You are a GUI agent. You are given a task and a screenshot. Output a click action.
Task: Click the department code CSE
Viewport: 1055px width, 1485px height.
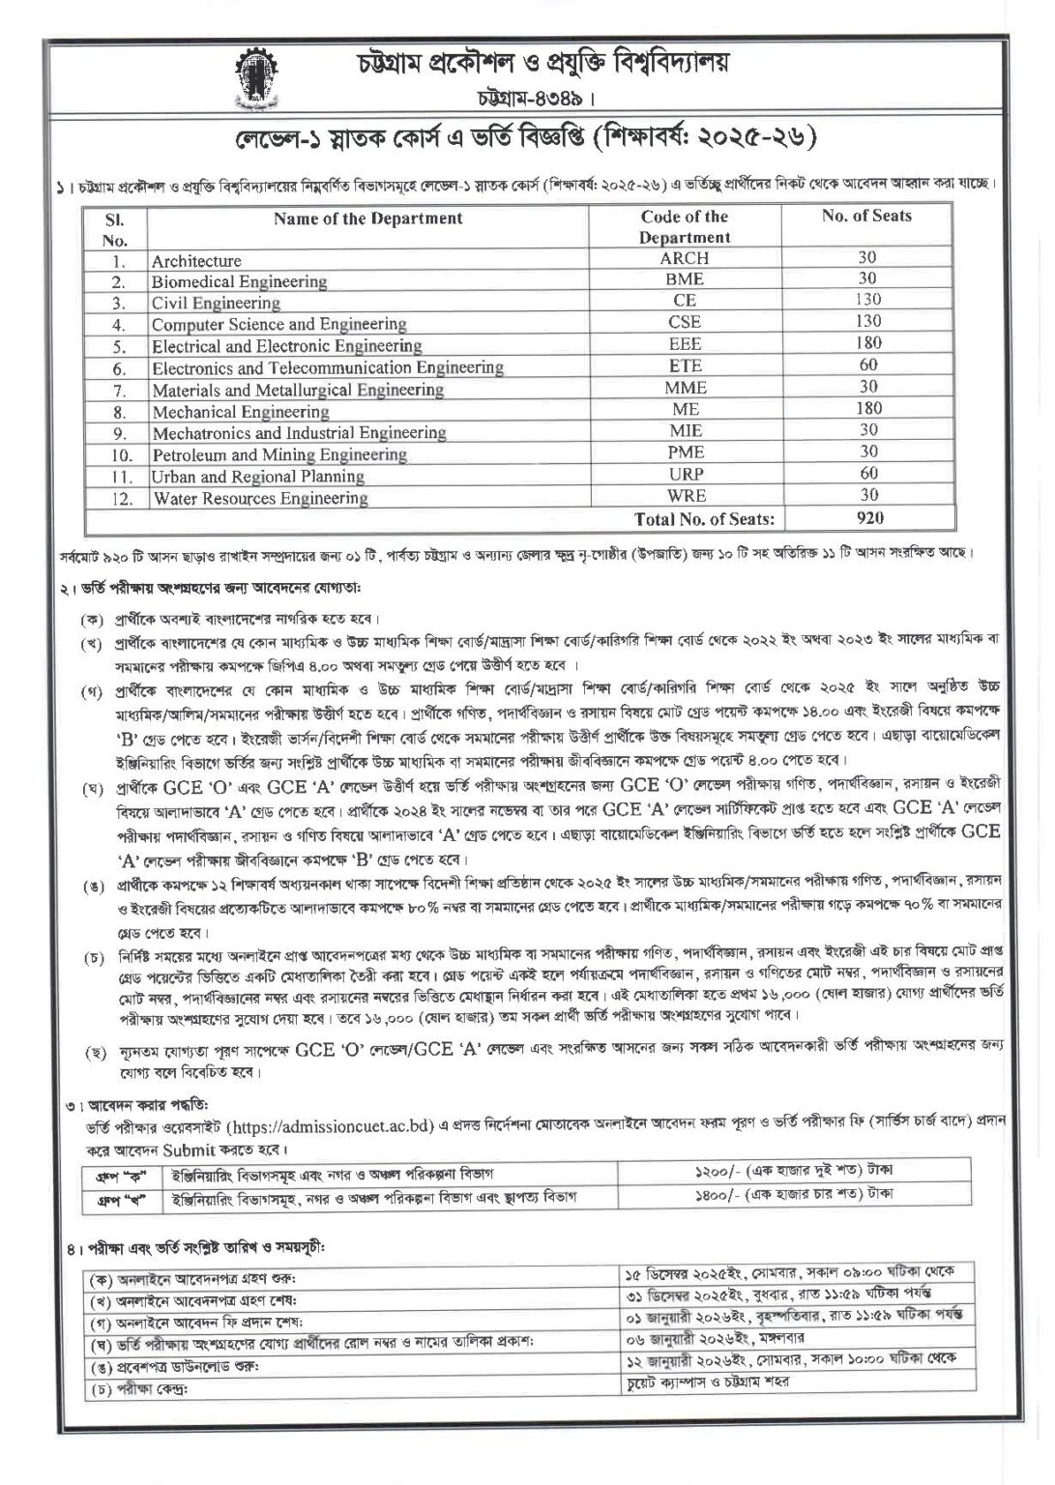click(x=685, y=322)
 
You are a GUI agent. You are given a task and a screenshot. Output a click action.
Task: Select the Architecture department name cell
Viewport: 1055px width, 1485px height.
click(x=196, y=261)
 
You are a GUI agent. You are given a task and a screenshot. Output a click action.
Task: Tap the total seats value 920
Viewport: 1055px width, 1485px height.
click(x=869, y=518)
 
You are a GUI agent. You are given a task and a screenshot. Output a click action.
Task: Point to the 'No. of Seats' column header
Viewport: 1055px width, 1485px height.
click(x=866, y=218)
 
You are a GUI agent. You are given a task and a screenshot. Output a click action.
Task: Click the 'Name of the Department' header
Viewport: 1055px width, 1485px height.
click(x=367, y=218)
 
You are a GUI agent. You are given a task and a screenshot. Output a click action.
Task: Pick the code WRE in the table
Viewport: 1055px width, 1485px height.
click(x=685, y=496)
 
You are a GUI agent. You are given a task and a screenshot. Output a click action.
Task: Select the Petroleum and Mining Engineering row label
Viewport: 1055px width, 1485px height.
click(x=279, y=454)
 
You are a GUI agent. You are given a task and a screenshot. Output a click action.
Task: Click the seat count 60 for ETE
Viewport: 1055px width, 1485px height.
click(x=868, y=365)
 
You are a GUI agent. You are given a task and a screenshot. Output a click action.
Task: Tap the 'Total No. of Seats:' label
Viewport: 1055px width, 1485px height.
click(x=704, y=519)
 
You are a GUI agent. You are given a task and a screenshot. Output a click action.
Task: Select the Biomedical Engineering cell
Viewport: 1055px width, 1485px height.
click(x=239, y=282)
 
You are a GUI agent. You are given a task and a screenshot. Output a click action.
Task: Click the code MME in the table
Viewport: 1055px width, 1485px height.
click(x=685, y=388)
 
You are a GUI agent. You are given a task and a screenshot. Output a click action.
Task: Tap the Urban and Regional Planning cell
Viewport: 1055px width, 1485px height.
click(x=258, y=477)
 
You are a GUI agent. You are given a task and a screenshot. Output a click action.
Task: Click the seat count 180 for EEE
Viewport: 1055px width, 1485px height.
click(x=868, y=343)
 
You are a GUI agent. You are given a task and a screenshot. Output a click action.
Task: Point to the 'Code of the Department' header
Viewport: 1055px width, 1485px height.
click(x=685, y=227)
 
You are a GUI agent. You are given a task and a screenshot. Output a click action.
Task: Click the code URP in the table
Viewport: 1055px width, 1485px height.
click(x=685, y=475)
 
